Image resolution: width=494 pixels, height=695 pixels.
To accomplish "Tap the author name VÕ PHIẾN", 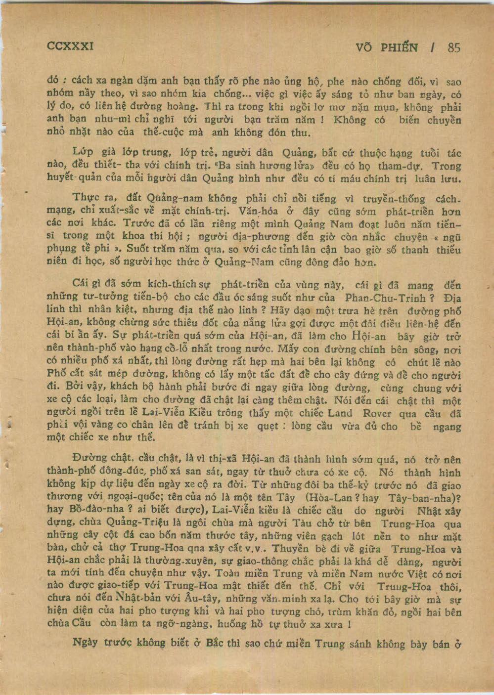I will point(387,47).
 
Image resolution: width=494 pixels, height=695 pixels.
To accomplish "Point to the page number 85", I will point(453,47).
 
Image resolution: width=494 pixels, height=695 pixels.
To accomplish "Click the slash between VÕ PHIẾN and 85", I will point(433,47).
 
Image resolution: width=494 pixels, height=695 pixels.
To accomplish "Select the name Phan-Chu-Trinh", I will point(386,298).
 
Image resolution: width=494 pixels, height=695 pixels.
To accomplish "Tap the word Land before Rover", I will point(340,413).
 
